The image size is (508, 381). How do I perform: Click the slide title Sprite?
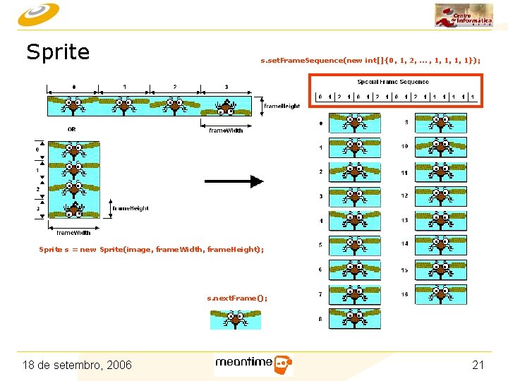[58, 52]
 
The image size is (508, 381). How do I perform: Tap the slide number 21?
[478, 365]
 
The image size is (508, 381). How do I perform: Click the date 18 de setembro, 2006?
[77, 365]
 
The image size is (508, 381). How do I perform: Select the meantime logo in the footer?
[253, 364]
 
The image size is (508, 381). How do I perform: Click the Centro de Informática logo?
[464, 16]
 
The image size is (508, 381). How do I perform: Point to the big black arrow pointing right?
[234, 181]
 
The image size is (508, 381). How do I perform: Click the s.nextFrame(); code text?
[237, 298]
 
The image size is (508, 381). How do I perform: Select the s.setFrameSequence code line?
[370, 61]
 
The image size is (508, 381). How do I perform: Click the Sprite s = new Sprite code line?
[152, 249]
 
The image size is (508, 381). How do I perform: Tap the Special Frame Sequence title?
[393, 82]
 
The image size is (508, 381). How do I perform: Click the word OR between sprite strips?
[72, 129]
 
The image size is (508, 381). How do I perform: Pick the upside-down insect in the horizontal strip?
[226, 107]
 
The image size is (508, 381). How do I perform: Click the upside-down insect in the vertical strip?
[73, 210]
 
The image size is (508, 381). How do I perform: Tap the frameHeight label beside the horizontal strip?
[282, 107]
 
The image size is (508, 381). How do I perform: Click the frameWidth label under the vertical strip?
[73, 232]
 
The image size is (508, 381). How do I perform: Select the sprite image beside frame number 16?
[440, 294]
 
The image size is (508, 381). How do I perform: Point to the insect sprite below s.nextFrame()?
[236, 320]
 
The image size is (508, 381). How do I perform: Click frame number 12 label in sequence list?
[404, 195]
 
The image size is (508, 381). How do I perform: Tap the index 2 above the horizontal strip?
[174, 87]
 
